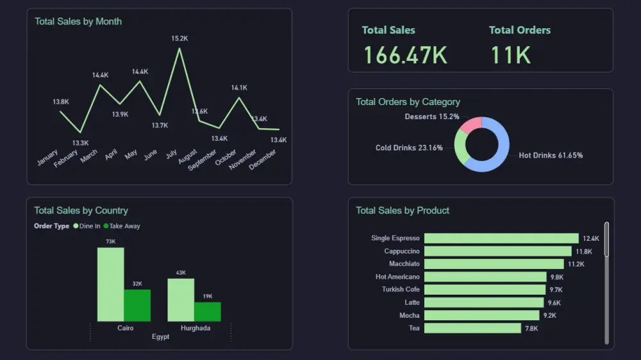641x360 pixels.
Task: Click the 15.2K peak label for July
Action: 179,38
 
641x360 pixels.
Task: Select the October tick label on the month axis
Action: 226,158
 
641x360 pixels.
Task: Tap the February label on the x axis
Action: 66,158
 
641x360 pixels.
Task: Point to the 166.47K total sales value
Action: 405,55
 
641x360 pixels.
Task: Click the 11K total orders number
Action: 511,55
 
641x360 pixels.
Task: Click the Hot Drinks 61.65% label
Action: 551,156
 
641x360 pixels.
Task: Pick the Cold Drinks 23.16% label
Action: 409,148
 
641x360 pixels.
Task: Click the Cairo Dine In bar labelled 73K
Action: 110,284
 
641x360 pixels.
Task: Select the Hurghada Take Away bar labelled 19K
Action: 207,311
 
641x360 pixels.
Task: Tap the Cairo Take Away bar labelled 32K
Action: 137,305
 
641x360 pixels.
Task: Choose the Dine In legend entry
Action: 87,226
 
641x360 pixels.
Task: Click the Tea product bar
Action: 472,328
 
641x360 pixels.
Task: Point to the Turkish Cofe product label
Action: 401,290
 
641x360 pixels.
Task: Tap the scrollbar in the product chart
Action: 606,240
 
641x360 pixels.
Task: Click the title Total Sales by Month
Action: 78,21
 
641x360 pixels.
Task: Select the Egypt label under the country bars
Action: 160,337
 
